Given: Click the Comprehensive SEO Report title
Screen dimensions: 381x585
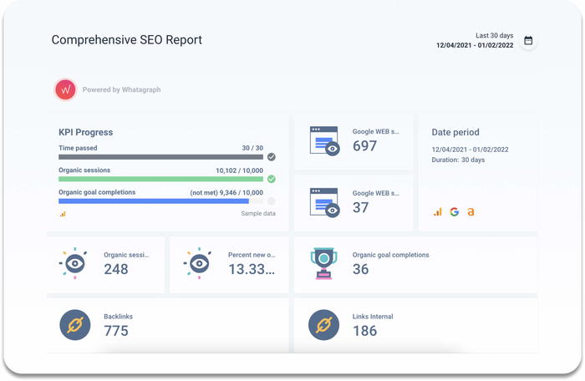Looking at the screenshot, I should coord(127,40).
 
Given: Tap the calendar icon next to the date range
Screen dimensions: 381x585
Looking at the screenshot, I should coord(528,40).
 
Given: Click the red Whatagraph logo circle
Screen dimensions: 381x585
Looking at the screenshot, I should coord(65,89).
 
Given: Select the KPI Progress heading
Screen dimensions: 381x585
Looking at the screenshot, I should coord(85,132).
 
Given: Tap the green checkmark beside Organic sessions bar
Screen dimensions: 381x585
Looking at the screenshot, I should coord(272,178).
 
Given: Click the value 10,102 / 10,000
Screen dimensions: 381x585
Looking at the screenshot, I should coord(239,170).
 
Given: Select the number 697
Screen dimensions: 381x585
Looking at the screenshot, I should coord(364,146).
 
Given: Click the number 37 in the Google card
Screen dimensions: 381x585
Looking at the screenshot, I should coord(360,207).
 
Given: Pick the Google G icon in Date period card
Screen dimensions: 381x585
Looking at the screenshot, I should coord(455,212).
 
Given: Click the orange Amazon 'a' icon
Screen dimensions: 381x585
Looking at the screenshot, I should coord(471,212).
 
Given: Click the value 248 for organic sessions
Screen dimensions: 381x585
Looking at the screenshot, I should coord(116,269).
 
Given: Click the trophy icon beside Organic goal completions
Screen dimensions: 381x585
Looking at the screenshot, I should coord(323,262).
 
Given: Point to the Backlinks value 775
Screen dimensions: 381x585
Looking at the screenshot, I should coord(116,331).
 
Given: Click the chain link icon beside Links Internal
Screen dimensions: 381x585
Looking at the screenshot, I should coord(323,324).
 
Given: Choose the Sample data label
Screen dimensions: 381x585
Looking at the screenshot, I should coord(257,214).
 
